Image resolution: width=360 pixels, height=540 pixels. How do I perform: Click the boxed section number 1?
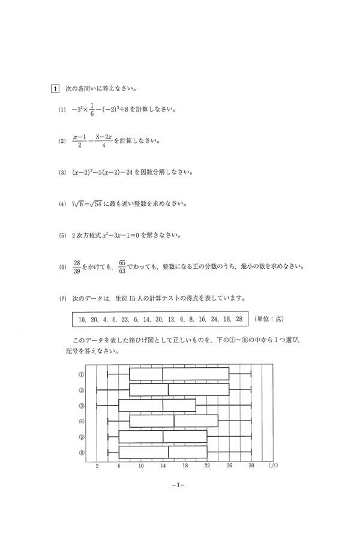coord(54,90)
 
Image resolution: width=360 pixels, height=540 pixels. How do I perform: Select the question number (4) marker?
coord(61,204)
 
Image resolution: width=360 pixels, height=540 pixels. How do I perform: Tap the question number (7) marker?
coord(61,298)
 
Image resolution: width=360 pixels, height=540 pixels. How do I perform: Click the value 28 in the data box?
coord(239,319)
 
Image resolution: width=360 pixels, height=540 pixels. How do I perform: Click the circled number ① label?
coord(81,374)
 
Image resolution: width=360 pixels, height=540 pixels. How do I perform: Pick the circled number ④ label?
coord(81,421)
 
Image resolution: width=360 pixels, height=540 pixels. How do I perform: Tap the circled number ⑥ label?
coord(81,452)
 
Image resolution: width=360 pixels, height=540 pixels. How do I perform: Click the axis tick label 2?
coord(97,465)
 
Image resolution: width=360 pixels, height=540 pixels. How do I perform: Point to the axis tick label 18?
coord(185,465)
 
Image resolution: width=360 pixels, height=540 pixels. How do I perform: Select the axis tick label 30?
coord(251,465)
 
